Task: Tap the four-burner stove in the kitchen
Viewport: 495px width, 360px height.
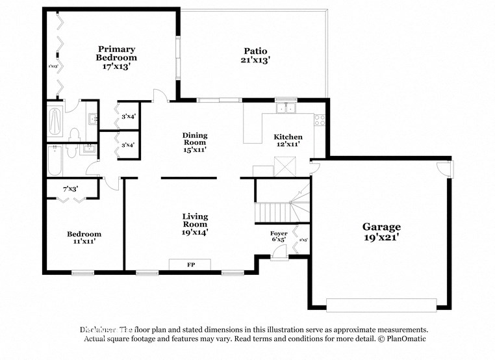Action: (319, 120)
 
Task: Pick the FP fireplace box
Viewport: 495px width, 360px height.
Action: (190, 264)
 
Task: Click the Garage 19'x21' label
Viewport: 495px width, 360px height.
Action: (381, 231)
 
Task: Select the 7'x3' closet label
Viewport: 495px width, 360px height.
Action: (70, 188)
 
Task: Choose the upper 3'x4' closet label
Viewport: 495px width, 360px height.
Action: (128, 117)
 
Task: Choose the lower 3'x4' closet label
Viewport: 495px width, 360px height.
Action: (128, 145)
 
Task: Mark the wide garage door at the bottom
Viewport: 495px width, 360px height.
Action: (381, 304)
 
